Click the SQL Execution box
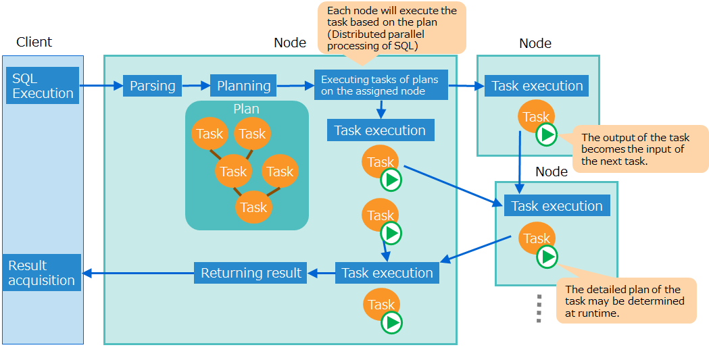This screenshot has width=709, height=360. click(43, 86)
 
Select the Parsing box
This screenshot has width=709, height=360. click(152, 86)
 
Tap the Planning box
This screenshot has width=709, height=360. click(243, 86)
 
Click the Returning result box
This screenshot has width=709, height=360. click(250, 273)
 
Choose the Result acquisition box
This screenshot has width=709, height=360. click(42, 272)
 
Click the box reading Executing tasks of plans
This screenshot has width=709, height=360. click(381, 85)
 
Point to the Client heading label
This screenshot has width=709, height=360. click(34, 42)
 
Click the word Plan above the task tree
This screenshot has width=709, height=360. click(246, 109)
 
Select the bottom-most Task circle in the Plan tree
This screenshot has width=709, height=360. click(253, 207)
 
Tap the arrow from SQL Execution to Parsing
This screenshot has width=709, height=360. click(101, 86)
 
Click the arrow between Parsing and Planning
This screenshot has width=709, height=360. click(196, 86)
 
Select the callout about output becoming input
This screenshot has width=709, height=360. click(639, 149)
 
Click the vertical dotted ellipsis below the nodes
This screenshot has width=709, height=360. click(539, 308)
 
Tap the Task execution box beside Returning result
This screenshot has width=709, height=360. click(387, 273)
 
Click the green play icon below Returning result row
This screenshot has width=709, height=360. click(391, 323)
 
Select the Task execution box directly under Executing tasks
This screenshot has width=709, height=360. click(380, 130)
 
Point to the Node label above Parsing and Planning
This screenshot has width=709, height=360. click(290, 43)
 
